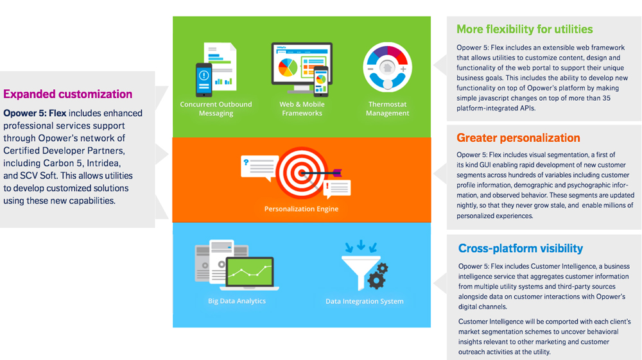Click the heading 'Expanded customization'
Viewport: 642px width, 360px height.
coord(67,94)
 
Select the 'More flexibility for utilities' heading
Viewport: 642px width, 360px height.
coord(525,30)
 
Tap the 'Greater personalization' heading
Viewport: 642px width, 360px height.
coord(518,138)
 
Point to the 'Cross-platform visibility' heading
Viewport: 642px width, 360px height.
coord(521,248)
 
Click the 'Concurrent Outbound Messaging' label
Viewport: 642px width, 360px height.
coord(216,109)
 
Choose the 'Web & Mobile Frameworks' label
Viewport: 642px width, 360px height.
coord(302,109)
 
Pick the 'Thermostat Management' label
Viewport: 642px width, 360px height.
coord(387,109)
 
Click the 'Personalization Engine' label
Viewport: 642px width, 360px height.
coord(301,209)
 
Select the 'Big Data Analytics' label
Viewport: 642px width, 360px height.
coord(237,301)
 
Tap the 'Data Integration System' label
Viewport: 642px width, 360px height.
coord(365,301)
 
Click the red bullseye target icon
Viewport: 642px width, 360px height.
coord(302,173)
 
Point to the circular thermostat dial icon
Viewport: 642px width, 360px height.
coord(387,67)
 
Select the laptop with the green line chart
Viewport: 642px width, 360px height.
coord(249,273)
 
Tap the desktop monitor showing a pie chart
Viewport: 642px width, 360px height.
coord(302,67)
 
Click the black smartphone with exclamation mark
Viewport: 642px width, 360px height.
coord(204,80)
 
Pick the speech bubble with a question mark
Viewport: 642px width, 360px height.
coord(259,167)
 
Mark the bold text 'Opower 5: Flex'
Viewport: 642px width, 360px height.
coord(35,114)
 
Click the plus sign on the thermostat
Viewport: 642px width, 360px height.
coord(403,69)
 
